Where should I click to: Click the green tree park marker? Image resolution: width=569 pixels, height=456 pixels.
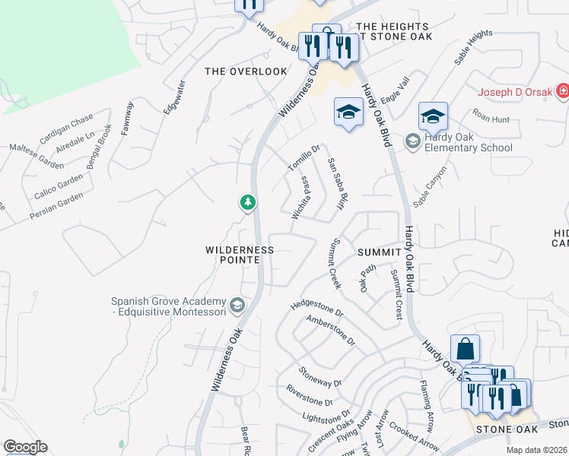coord(247,202)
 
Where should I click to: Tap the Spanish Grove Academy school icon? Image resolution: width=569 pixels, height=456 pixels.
coord(237,306)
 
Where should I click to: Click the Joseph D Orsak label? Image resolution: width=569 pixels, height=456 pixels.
coord(514,93)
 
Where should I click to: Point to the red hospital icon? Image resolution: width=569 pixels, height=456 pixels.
coord(562,92)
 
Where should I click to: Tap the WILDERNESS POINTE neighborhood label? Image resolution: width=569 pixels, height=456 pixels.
coord(240,255)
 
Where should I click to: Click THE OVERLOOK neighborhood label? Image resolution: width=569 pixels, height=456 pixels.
coord(246,71)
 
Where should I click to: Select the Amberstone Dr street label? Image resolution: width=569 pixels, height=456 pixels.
coord(330,330)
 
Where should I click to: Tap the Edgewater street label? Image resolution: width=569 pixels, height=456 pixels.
coord(174,97)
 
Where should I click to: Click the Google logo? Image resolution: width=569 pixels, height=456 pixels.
coord(24,447)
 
